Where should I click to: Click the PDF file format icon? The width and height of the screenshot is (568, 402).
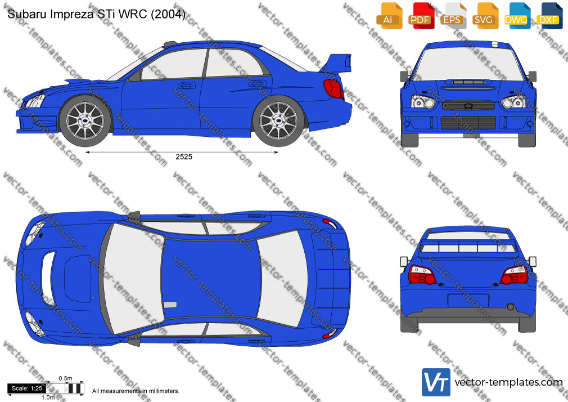click(421, 16)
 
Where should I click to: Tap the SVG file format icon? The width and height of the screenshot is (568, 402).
click(485, 16)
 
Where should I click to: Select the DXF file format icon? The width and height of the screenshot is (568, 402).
click(549, 16)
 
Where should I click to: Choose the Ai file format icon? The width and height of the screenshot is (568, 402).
click(389, 16)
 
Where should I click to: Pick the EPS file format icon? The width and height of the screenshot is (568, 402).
click(453, 16)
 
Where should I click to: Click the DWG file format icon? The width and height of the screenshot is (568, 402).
click(517, 16)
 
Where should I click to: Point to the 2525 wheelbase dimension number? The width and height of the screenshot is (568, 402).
click(184, 157)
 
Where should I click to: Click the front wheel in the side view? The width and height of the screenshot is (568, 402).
click(85, 120)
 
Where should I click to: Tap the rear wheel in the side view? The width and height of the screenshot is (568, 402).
click(278, 120)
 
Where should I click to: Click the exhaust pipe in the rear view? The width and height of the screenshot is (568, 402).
click(511, 307)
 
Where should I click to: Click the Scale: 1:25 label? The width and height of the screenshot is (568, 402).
click(27, 388)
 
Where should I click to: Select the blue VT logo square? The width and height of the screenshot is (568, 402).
click(436, 382)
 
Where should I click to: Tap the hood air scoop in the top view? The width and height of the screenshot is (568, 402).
click(48, 279)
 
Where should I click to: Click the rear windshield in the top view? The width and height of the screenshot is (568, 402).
click(282, 278)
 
